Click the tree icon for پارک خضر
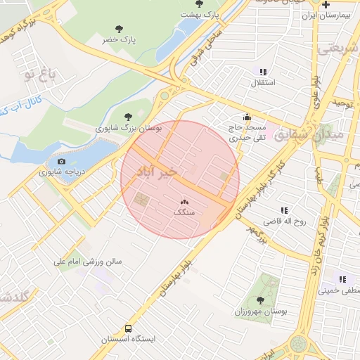coord(118,30)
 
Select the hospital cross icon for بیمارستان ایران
coord(326,4)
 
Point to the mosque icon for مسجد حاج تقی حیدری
coord(247,117)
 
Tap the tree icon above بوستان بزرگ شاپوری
coord(127,117)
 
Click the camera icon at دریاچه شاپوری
coord(62,161)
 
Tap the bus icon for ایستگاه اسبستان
coord(128,328)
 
